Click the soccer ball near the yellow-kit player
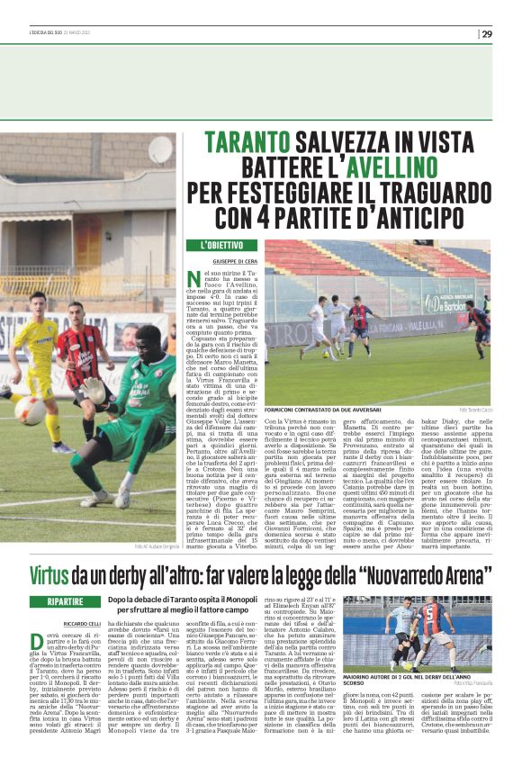(x=29, y=411)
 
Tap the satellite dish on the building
(x=160, y=149)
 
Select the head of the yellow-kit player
(x=38, y=301)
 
